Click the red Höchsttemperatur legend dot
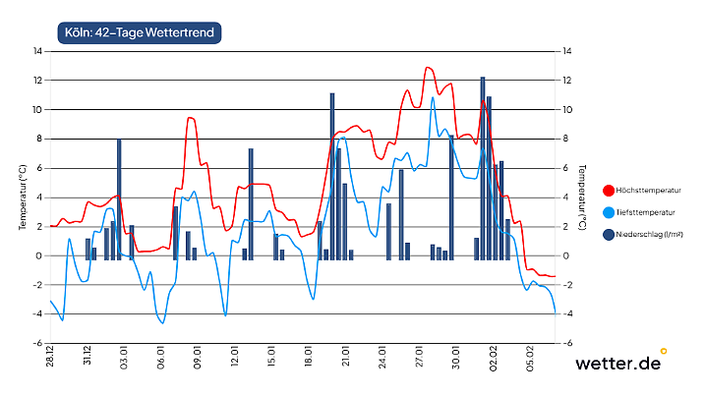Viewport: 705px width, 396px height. point(609,190)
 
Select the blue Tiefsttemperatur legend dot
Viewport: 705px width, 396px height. point(609,212)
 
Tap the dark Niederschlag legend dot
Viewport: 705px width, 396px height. point(609,234)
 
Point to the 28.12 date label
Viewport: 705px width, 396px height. point(49,358)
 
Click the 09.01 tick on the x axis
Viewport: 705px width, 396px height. point(198,358)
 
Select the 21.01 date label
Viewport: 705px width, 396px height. point(346,358)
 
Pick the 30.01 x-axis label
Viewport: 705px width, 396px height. point(456,358)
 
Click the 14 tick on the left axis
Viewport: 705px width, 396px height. point(37,50)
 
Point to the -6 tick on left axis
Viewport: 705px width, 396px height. point(36,344)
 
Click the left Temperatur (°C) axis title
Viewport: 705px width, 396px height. point(22,198)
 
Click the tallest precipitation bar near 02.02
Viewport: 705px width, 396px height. point(483,167)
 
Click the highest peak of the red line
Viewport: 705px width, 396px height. point(428,68)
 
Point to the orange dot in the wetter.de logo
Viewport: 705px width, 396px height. point(664,350)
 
